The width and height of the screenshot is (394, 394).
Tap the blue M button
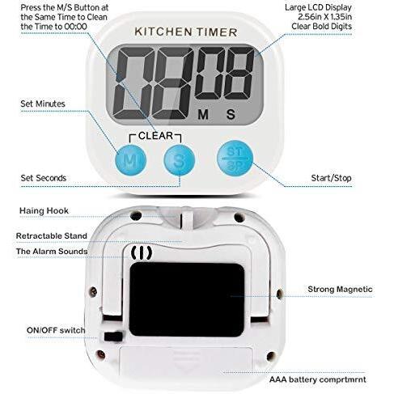click(x=131, y=160)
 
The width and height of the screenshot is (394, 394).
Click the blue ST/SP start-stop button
click(x=235, y=159)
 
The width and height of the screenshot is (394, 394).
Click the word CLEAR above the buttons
click(x=155, y=136)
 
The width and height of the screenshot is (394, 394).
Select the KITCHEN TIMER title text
click(x=186, y=32)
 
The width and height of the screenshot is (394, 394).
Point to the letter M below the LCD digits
click(x=203, y=115)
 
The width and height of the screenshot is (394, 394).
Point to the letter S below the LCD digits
click(x=231, y=114)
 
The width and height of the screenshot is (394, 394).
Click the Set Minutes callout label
click(x=43, y=104)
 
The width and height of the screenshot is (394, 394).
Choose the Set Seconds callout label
click(x=44, y=178)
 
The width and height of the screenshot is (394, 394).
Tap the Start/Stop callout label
click(x=331, y=178)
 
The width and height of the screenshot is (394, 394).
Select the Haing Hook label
click(x=44, y=211)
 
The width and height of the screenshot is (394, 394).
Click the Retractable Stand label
click(x=52, y=236)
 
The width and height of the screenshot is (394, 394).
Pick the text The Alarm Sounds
click(x=52, y=252)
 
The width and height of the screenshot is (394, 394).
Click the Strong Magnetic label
click(x=340, y=290)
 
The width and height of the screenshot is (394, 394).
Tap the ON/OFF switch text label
click(x=56, y=330)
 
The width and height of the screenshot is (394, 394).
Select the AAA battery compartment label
click(x=318, y=379)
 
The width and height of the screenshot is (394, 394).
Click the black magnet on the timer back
click(x=187, y=299)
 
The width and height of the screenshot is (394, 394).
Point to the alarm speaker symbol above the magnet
click(x=142, y=253)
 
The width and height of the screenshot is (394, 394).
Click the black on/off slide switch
click(x=113, y=337)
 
